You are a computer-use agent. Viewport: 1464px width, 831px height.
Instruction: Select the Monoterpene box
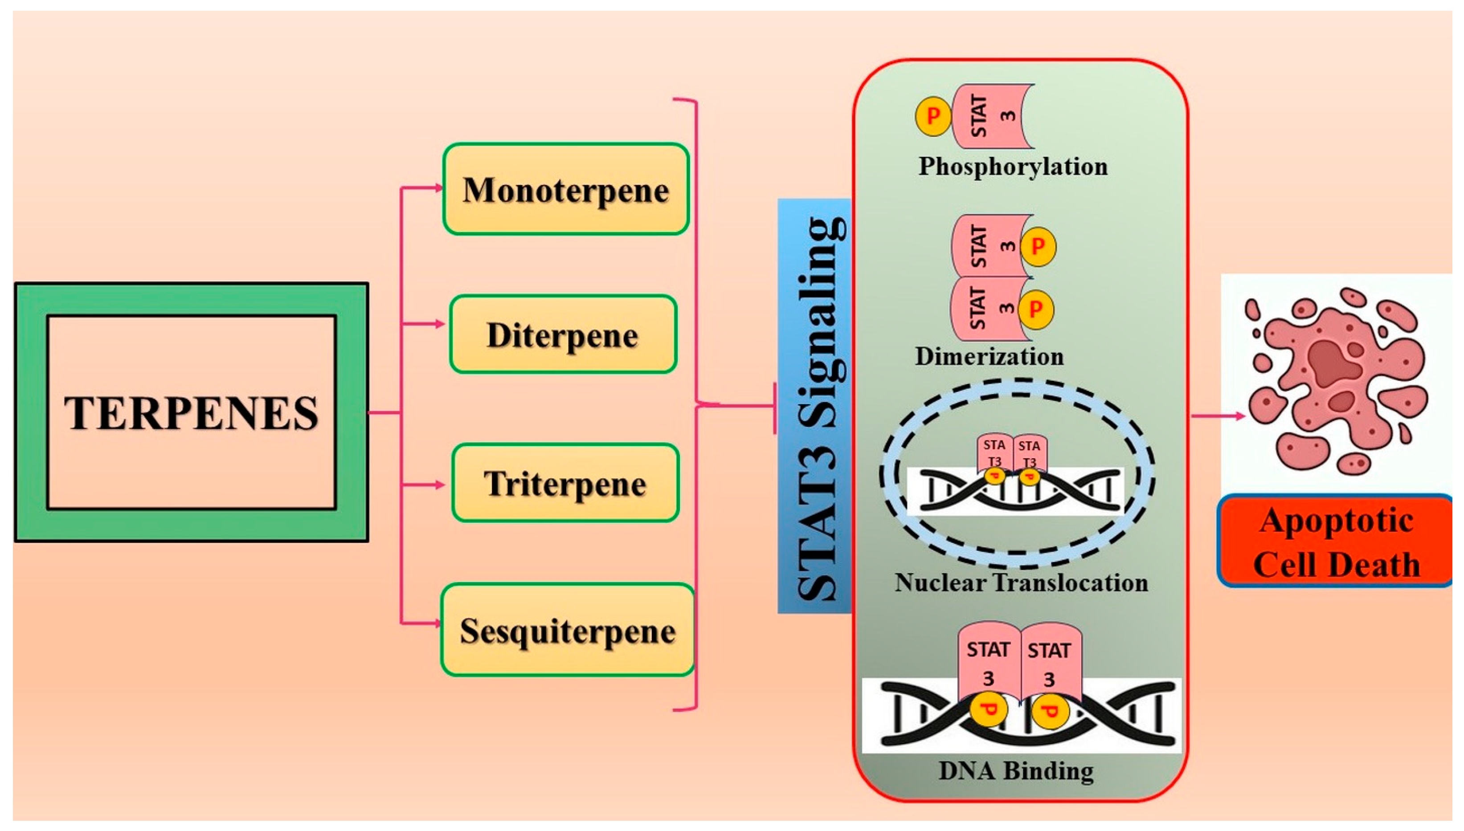pos(566,189)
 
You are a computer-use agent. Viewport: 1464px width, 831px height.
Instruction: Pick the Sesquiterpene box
pos(568,630)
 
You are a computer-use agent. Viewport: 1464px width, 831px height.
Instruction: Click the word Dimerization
pos(990,357)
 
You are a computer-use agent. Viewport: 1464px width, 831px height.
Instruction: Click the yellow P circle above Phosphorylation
pos(933,116)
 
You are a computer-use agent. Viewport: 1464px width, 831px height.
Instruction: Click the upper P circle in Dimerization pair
pos(1038,247)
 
